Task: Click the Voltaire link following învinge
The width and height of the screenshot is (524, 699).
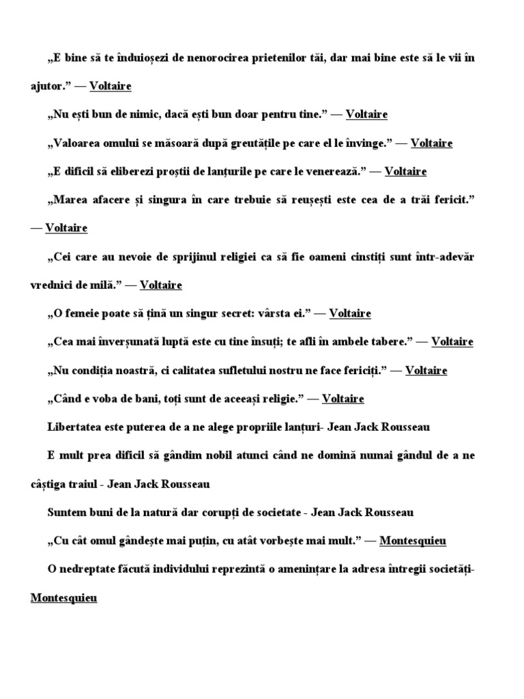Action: pyautogui.click(x=432, y=143)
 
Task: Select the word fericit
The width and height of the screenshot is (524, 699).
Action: pyautogui.click(x=452, y=200)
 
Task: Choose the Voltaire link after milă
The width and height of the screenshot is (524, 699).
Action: pyautogui.click(x=161, y=285)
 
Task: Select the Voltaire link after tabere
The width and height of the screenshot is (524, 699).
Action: pyautogui.click(x=452, y=342)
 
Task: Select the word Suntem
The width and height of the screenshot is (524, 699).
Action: pyautogui.click(x=66, y=513)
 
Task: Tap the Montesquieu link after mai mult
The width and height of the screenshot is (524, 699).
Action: pyautogui.click(x=413, y=541)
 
